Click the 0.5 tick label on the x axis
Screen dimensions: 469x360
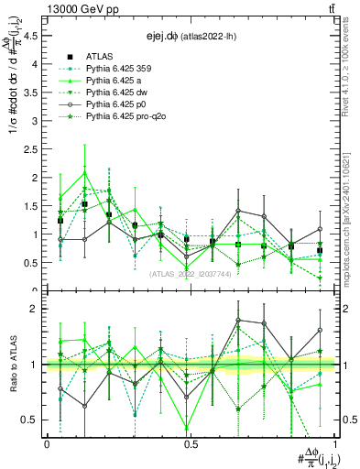pyautogui.click(x=191, y=444)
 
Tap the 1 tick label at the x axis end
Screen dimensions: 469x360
pyautogui.click(x=333, y=444)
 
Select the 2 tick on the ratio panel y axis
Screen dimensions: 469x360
pyautogui.click(x=33, y=309)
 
